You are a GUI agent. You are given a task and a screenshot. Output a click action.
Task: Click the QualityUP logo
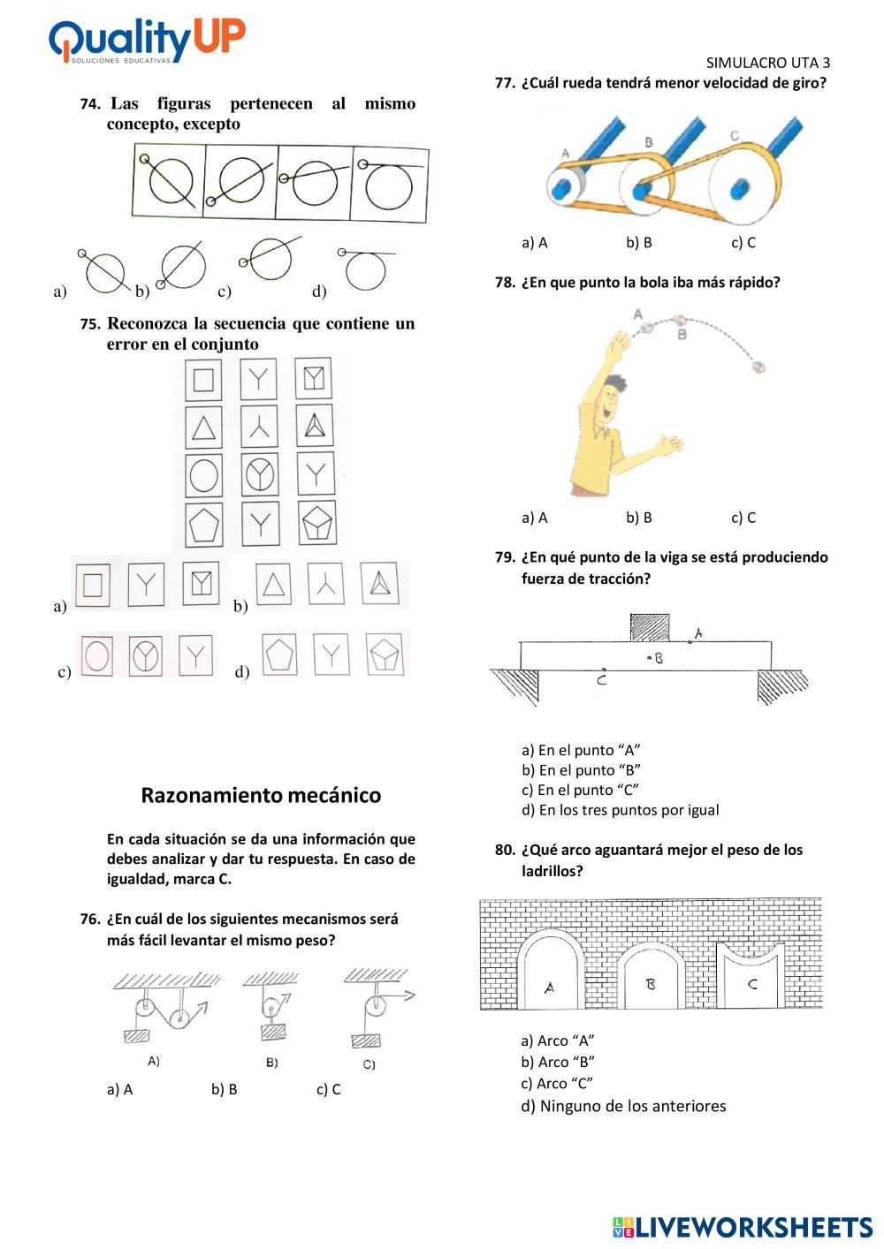click(x=147, y=41)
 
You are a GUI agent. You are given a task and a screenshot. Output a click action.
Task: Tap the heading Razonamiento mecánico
click(x=261, y=795)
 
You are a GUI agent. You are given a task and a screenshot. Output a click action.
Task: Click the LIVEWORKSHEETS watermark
click(x=742, y=1227)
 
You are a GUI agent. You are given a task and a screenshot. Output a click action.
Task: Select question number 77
click(x=505, y=83)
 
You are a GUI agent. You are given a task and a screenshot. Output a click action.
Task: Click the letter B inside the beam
click(x=659, y=657)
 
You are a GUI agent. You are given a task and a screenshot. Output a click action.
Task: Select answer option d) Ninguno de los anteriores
click(x=623, y=1106)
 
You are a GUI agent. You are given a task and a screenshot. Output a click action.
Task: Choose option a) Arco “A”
click(x=558, y=1041)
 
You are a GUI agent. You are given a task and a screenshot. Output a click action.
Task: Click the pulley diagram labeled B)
click(x=272, y=1011)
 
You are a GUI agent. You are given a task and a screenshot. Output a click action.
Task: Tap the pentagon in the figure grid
click(x=204, y=526)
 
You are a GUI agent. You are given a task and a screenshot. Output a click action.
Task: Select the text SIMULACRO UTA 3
click(x=768, y=63)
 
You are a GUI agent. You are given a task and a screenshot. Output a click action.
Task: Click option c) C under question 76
click(x=328, y=1089)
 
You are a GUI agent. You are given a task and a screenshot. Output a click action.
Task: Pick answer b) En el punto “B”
click(x=581, y=770)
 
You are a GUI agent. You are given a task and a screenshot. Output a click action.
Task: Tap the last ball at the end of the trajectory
click(x=758, y=365)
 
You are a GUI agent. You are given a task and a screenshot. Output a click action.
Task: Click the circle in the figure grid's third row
click(x=204, y=475)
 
